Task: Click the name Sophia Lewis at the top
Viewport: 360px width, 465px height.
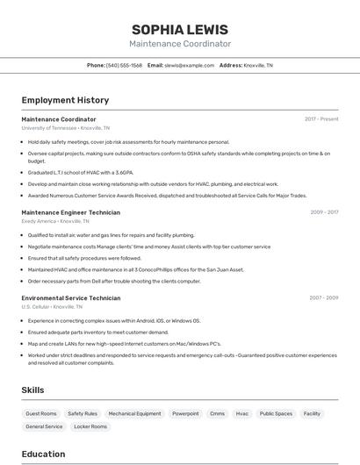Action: tap(180, 29)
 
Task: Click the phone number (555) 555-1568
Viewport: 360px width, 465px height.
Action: tap(125, 65)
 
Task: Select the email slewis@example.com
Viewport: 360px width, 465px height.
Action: tap(190, 65)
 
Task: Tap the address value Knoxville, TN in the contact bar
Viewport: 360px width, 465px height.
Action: tap(258, 65)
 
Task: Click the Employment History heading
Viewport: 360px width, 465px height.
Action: tap(65, 100)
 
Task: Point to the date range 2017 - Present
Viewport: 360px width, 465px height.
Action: tap(321, 118)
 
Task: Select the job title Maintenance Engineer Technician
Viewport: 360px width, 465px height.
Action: tap(70, 212)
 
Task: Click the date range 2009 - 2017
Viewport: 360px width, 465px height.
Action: tap(324, 212)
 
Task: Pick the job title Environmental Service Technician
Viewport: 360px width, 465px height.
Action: tap(70, 298)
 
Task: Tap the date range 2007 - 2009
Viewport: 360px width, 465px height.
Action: tap(324, 298)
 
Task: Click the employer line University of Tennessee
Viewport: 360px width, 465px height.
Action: tap(49, 128)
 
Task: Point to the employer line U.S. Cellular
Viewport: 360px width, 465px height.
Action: tap(36, 307)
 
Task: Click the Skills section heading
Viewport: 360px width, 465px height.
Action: tap(32, 390)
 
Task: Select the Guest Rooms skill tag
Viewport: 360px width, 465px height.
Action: tap(41, 413)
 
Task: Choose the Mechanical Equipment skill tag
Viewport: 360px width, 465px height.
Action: tap(134, 413)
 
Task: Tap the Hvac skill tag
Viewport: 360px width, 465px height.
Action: tap(242, 413)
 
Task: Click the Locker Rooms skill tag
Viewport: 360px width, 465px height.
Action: tap(90, 426)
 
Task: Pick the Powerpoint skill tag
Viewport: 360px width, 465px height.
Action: tap(185, 413)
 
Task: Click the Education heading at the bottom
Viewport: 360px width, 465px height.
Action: tap(43, 454)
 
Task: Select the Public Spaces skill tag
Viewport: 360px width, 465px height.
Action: tap(277, 413)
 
